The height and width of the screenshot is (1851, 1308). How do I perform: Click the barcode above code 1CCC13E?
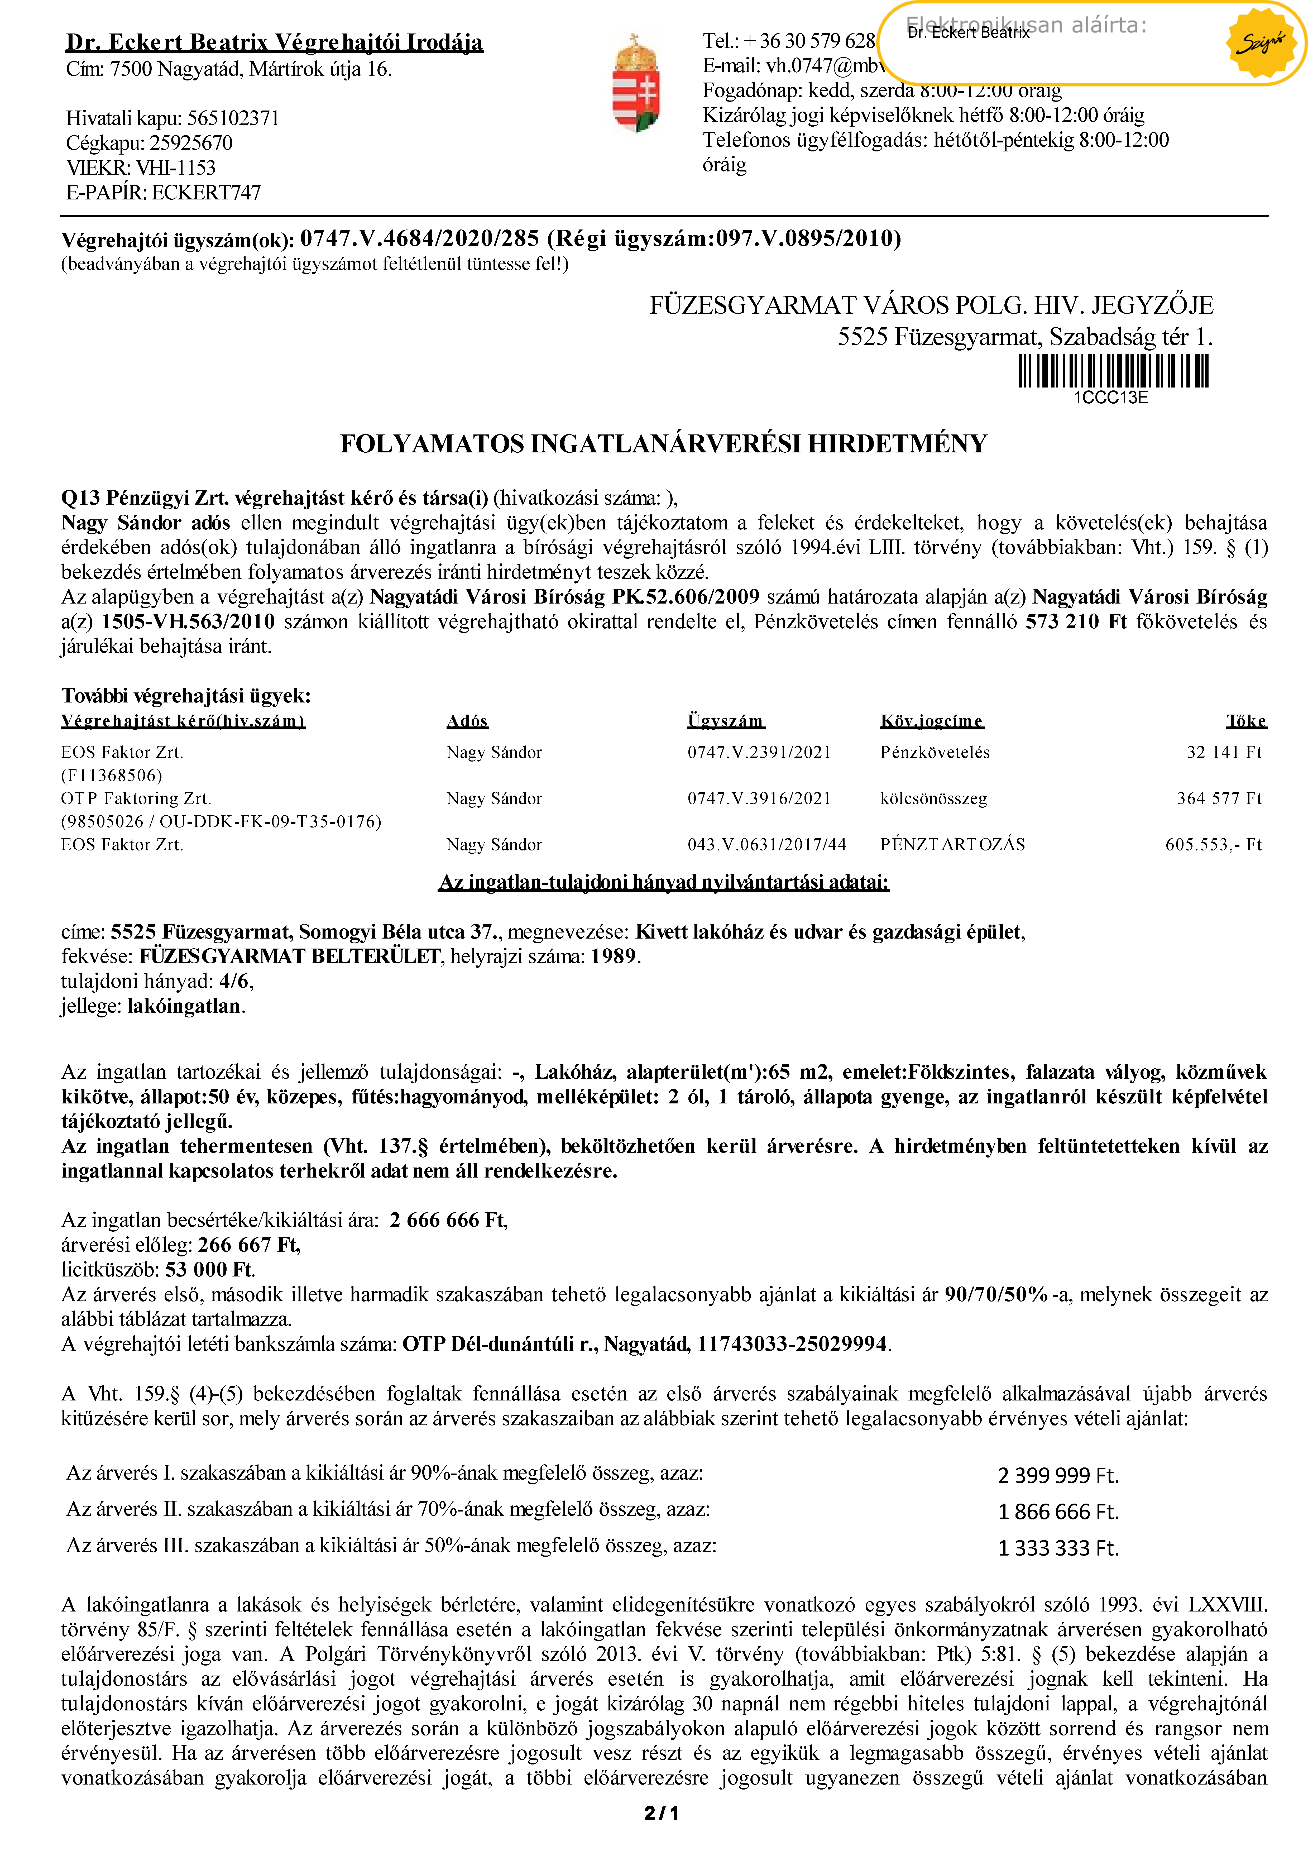click(1113, 372)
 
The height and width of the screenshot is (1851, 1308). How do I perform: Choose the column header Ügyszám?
click(725, 721)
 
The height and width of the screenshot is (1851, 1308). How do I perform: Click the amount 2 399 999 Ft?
click(1057, 1475)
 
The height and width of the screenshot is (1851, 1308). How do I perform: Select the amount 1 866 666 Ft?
click(1057, 1512)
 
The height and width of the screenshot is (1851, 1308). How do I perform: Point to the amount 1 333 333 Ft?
click(1057, 1548)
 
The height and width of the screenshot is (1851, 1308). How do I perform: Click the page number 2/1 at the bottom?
click(661, 1813)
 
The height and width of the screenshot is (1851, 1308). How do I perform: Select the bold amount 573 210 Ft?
click(1075, 621)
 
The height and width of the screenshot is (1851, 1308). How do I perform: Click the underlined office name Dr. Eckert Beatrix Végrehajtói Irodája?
click(274, 42)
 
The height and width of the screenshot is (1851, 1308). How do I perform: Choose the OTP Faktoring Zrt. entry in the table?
click(135, 798)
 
